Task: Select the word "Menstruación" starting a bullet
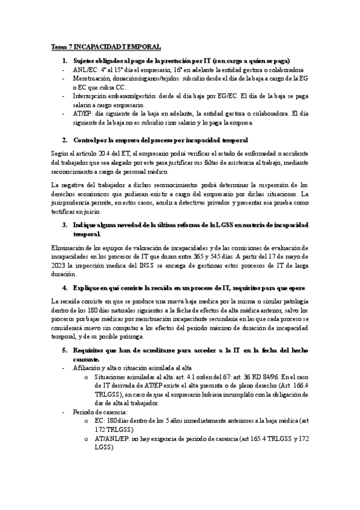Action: (x=92, y=78)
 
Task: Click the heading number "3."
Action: (x=66, y=224)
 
